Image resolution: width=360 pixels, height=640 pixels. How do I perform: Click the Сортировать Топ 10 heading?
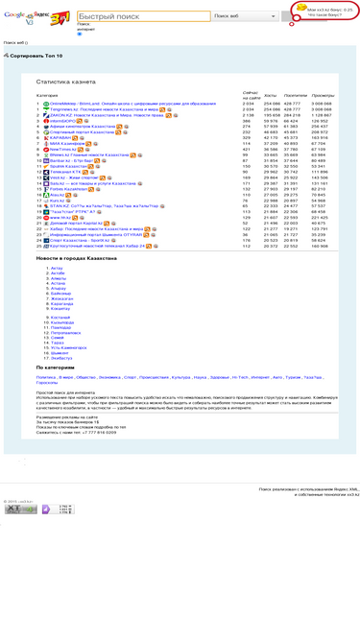tap(36, 57)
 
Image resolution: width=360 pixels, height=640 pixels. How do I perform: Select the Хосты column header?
tap(270, 96)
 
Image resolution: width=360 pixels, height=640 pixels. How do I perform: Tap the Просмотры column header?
tap(323, 96)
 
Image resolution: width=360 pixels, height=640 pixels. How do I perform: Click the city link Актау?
tap(57, 268)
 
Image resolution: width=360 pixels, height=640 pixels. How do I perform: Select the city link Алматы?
tap(59, 278)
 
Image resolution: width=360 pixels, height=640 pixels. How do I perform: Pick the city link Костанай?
tap(60, 317)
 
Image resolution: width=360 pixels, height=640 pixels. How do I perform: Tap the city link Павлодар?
tap(60, 327)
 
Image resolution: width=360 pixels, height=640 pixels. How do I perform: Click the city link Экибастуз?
tap(60, 357)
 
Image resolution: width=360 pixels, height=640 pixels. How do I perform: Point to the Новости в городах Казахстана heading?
tap(76, 258)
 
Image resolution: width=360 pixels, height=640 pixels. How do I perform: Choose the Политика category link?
tap(48, 377)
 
